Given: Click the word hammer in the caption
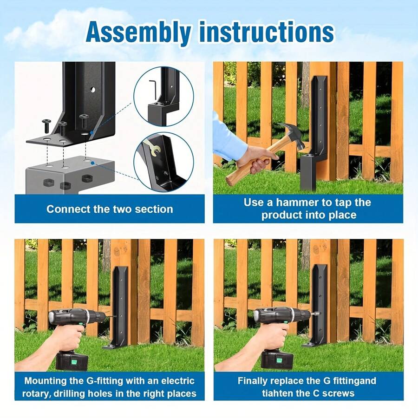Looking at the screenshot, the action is point(298,202).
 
